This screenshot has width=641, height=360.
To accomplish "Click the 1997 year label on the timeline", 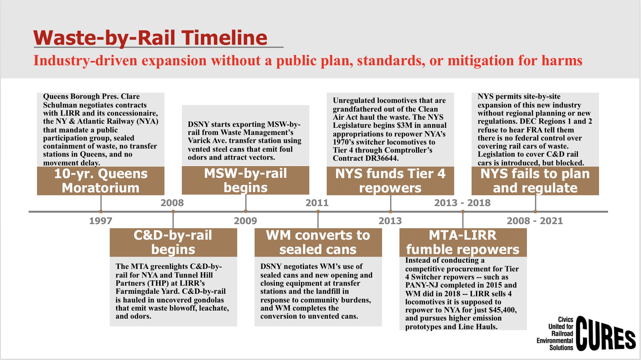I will tap(100, 221).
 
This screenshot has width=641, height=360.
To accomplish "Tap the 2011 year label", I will tap(317, 203).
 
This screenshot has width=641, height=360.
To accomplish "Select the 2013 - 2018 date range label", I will tap(462, 203).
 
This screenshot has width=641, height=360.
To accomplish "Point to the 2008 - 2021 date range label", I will tap(535, 221).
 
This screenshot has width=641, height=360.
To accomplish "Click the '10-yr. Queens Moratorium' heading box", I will tap(100, 181).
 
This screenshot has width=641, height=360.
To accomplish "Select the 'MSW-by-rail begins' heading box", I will tap(245, 181).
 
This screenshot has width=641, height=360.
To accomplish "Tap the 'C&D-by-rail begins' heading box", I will tap(173, 242).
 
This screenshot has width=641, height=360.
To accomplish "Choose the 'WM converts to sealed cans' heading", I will tap(318, 242).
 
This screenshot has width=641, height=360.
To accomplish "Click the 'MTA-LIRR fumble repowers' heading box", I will tap(463, 242).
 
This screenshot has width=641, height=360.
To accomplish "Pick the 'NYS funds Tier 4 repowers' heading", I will tap(390, 181).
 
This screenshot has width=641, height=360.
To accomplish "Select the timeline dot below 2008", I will tap(173, 212).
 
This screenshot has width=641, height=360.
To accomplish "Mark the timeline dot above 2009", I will tap(246, 212).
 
